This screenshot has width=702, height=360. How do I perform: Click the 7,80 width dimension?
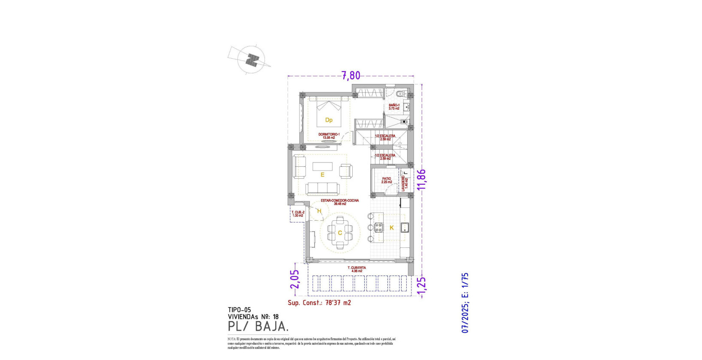(351, 76)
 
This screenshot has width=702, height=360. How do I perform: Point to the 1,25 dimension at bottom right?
(421, 286)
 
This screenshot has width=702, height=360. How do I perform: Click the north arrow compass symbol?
(252, 60)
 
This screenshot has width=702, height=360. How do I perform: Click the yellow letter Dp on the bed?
(329, 120)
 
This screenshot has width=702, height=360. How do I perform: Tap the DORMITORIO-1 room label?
(329, 136)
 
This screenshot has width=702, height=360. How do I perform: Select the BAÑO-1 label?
(394, 107)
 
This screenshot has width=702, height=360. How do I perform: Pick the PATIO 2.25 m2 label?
(387, 180)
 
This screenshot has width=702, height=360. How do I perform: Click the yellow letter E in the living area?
(322, 174)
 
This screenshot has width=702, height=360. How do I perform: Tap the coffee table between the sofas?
(322, 166)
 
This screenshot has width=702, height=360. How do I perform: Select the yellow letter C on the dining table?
(340, 233)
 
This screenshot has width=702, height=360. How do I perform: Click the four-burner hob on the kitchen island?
(378, 228)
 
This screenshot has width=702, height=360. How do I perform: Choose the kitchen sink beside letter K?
(405, 228)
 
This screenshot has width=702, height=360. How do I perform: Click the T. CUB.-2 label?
(297, 214)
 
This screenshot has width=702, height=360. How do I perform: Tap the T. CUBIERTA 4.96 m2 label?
(357, 269)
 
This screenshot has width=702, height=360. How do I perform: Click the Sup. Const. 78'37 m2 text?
(319, 303)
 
